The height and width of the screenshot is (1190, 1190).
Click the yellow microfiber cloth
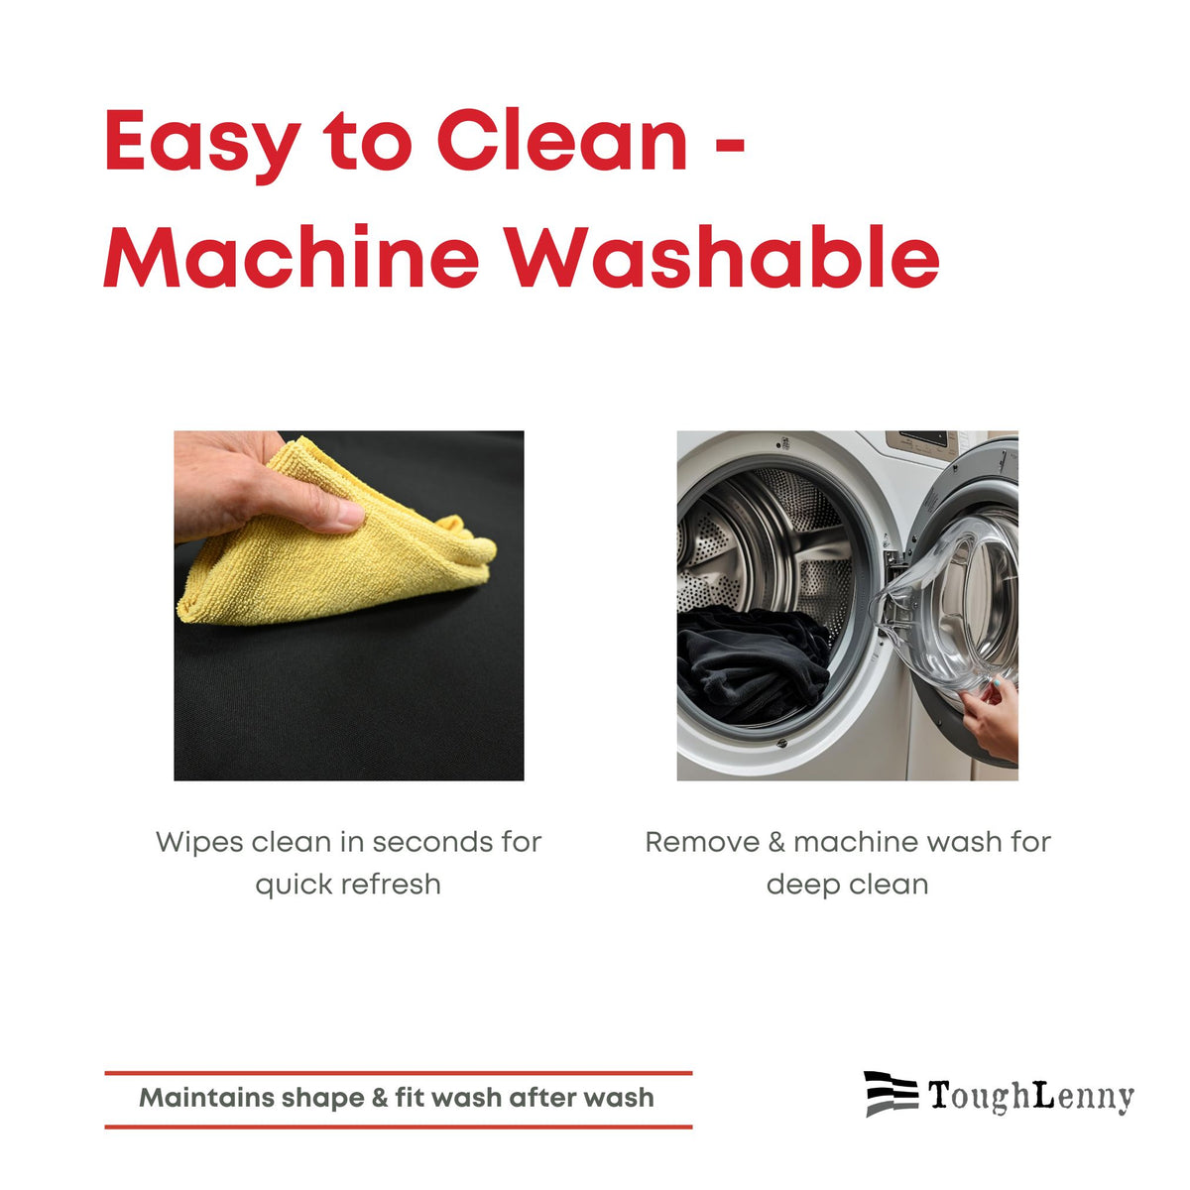click(x=336, y=543)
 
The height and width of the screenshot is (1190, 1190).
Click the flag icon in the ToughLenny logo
click(x=892, y=1094)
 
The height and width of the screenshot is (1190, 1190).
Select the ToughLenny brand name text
click(x=1030, y=1097)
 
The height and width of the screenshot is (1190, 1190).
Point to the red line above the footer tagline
click(x=399, y=1074)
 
